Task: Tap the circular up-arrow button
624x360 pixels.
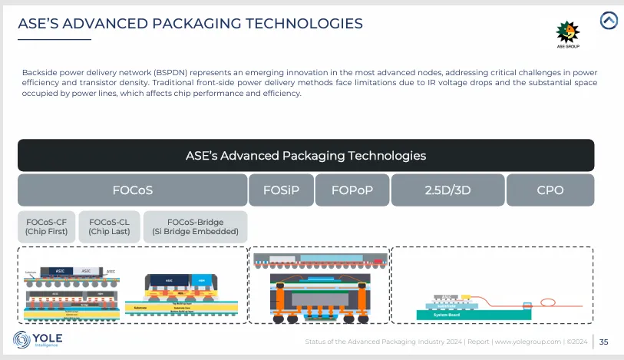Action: coord(609,21)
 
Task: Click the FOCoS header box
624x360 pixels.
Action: coord(131,190)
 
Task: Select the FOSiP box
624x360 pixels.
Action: coord(280,190)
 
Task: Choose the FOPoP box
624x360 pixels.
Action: coord(352,190)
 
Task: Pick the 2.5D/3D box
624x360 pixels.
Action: coord(447,190)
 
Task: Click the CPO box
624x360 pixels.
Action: coord(550,190)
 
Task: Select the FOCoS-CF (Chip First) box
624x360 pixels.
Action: coord(48,226)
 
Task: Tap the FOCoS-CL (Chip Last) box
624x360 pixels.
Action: coord(110,226)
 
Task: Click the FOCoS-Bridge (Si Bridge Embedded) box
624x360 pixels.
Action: coord(195,226)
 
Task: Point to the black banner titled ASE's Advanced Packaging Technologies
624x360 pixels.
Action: coord(305,155)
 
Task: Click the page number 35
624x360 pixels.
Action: coord(603,342)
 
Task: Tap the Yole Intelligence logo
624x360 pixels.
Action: coord(38,339)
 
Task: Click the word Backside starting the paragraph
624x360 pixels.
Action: coord(38,72)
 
